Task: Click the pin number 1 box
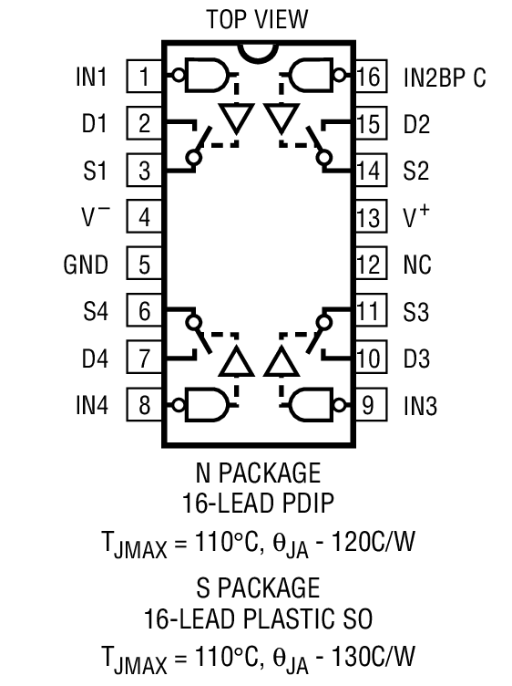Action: click(144, 77)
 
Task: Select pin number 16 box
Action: click(369, 77)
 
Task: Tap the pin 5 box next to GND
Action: click(144, 265)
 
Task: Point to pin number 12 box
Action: click(369, 265)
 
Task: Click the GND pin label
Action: click(86, 265)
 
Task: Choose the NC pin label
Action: click(417, 265)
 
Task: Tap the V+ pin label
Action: click(416, 217)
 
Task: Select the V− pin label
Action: click(95, 217)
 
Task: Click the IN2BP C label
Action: click(444, 77)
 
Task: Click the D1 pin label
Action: click(94, 123)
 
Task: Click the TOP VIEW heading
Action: click(257, 19)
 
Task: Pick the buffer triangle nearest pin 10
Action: click(282, 362)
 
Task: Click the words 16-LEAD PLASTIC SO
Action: click(257, 619)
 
